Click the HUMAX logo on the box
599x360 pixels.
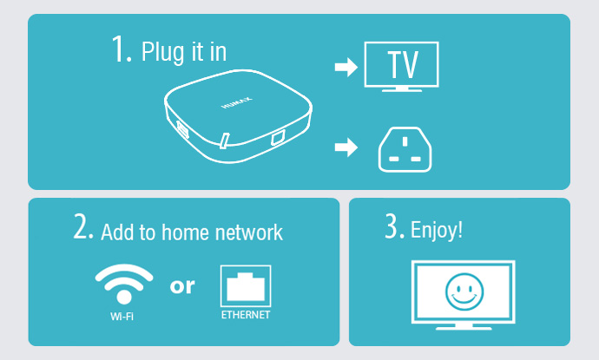(237, 102)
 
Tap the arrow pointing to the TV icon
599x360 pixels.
(346, 67)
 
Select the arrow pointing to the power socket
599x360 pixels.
(346, 147)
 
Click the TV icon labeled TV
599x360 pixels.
(401, 67)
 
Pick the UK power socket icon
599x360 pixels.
(405, 150)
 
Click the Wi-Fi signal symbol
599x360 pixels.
(124, 284)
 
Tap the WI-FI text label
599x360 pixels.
(122, 317)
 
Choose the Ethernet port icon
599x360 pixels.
(246, 286)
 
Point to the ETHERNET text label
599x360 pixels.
(246, 315)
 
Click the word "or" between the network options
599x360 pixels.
(182, 286)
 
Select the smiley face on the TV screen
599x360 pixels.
(464, 291)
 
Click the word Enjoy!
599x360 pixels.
(437, 231)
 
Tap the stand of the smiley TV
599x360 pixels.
(464, 327)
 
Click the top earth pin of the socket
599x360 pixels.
(405, 141)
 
